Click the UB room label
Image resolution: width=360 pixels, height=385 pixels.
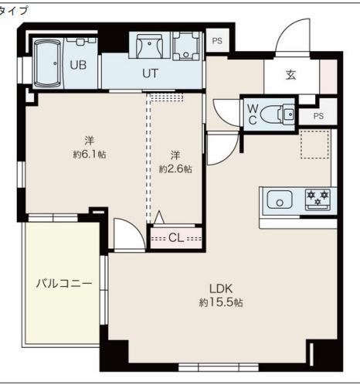pos(78,65)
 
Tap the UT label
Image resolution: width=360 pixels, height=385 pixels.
pos(150,73)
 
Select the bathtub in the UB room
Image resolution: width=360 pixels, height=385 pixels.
pos(48,63)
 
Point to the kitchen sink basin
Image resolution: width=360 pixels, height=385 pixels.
pos(280,199)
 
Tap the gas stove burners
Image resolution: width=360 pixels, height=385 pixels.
pos(318,199)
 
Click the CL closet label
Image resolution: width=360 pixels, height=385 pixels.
pos(176,238)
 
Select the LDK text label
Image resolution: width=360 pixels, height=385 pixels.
pos(221,289)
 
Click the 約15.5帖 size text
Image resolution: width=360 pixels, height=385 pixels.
pos(221,302)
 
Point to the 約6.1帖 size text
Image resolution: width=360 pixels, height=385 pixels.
pos(90,155)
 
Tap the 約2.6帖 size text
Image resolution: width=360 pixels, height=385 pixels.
pos(175,169)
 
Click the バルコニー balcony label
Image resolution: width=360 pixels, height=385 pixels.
pos(64,284)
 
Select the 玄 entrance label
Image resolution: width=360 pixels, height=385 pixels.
pos(291,75)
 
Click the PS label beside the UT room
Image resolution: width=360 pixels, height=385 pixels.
pos(217,41)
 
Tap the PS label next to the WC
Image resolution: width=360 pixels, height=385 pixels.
pos(318,116)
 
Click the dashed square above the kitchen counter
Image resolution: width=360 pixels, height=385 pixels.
pos(314,144)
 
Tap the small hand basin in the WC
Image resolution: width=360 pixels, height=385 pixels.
pos(288,114)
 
